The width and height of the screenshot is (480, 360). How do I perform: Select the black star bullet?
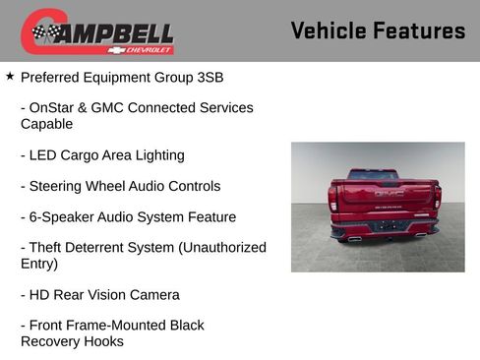[10, 75]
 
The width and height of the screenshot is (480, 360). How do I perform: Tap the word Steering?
[59, 186]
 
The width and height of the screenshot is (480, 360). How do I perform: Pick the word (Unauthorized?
[221, 247]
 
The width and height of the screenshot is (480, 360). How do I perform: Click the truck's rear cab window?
[374, 174]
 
